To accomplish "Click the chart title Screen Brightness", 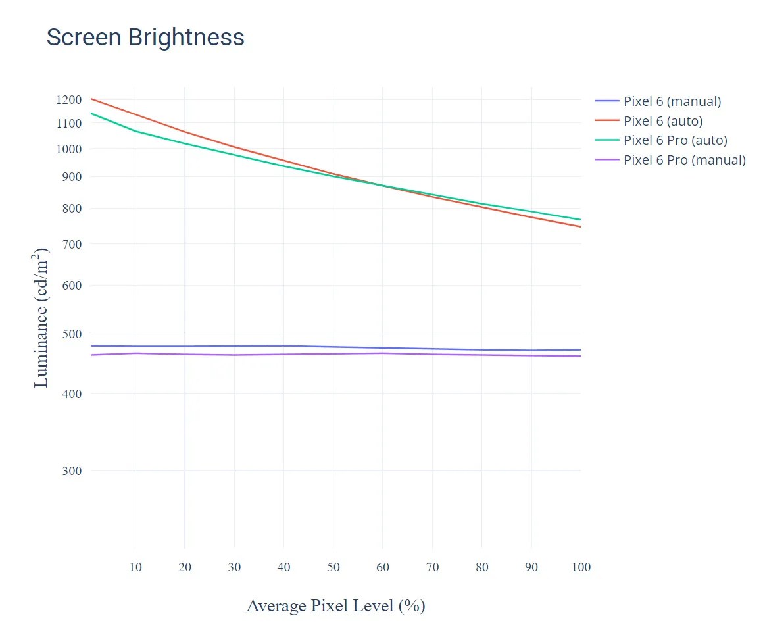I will click(x=145, y=38).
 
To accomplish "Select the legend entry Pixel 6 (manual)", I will click(x=672, y=101).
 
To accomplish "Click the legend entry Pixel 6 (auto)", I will click(x=662, y=121).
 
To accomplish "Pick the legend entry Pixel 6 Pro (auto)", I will click(x=675, y=140).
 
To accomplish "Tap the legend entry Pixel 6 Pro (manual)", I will click(x=684, y=160).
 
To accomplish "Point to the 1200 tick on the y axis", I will click(x=69, y=99).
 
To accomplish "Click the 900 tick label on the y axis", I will click(x=72, y=176).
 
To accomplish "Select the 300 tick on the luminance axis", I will click(x=72, y=470).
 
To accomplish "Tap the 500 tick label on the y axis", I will click(x=72, y=334).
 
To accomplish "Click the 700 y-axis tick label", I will click(x=72, y=244).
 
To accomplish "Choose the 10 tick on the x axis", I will click(x=135, y=567).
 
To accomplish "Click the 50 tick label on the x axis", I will click(x=333, y=567).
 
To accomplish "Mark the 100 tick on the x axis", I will click(x=581, y=567).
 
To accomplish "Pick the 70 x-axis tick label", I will click(x=432, y=567).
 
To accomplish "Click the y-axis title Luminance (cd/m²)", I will click(x=41, y=318).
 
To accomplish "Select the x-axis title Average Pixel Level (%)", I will click(x=335, y=605).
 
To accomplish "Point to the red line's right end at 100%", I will click(x=580, y=226).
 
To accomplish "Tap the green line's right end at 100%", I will click(x=580, y=220).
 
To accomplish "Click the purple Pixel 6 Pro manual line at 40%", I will click(x=283, y=355).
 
